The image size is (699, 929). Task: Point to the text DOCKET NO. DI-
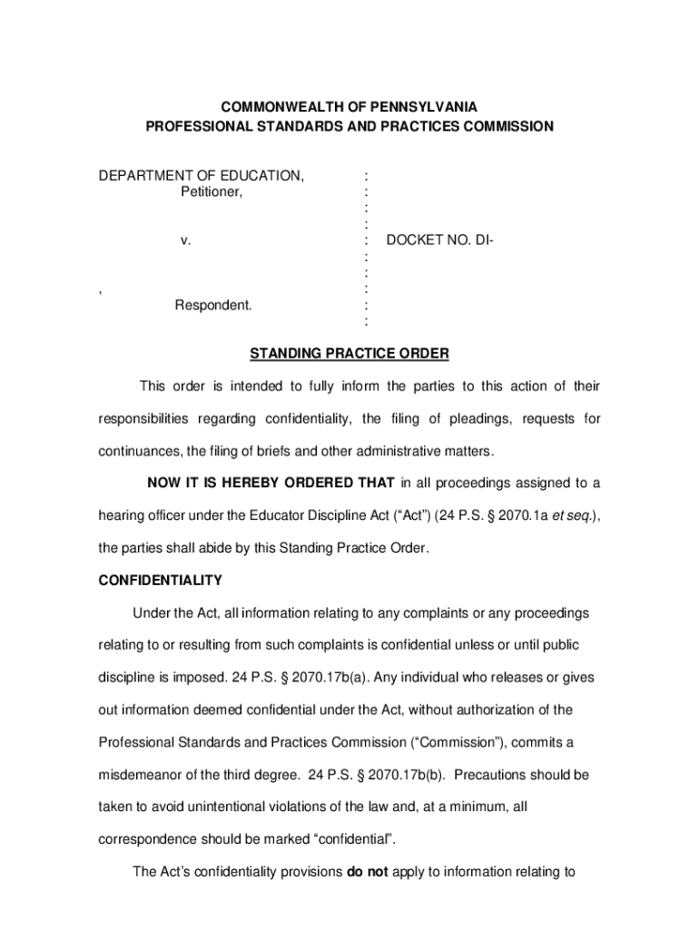click(439, 240)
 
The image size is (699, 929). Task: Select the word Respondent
click(213, 305)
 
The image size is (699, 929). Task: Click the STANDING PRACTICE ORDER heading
click(349, 353)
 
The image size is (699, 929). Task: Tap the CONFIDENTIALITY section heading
click(160, 580)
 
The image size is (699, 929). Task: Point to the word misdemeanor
click(144, 776)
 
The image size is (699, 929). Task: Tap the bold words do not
click(367, 874)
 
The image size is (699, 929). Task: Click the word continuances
click(139, 451)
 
